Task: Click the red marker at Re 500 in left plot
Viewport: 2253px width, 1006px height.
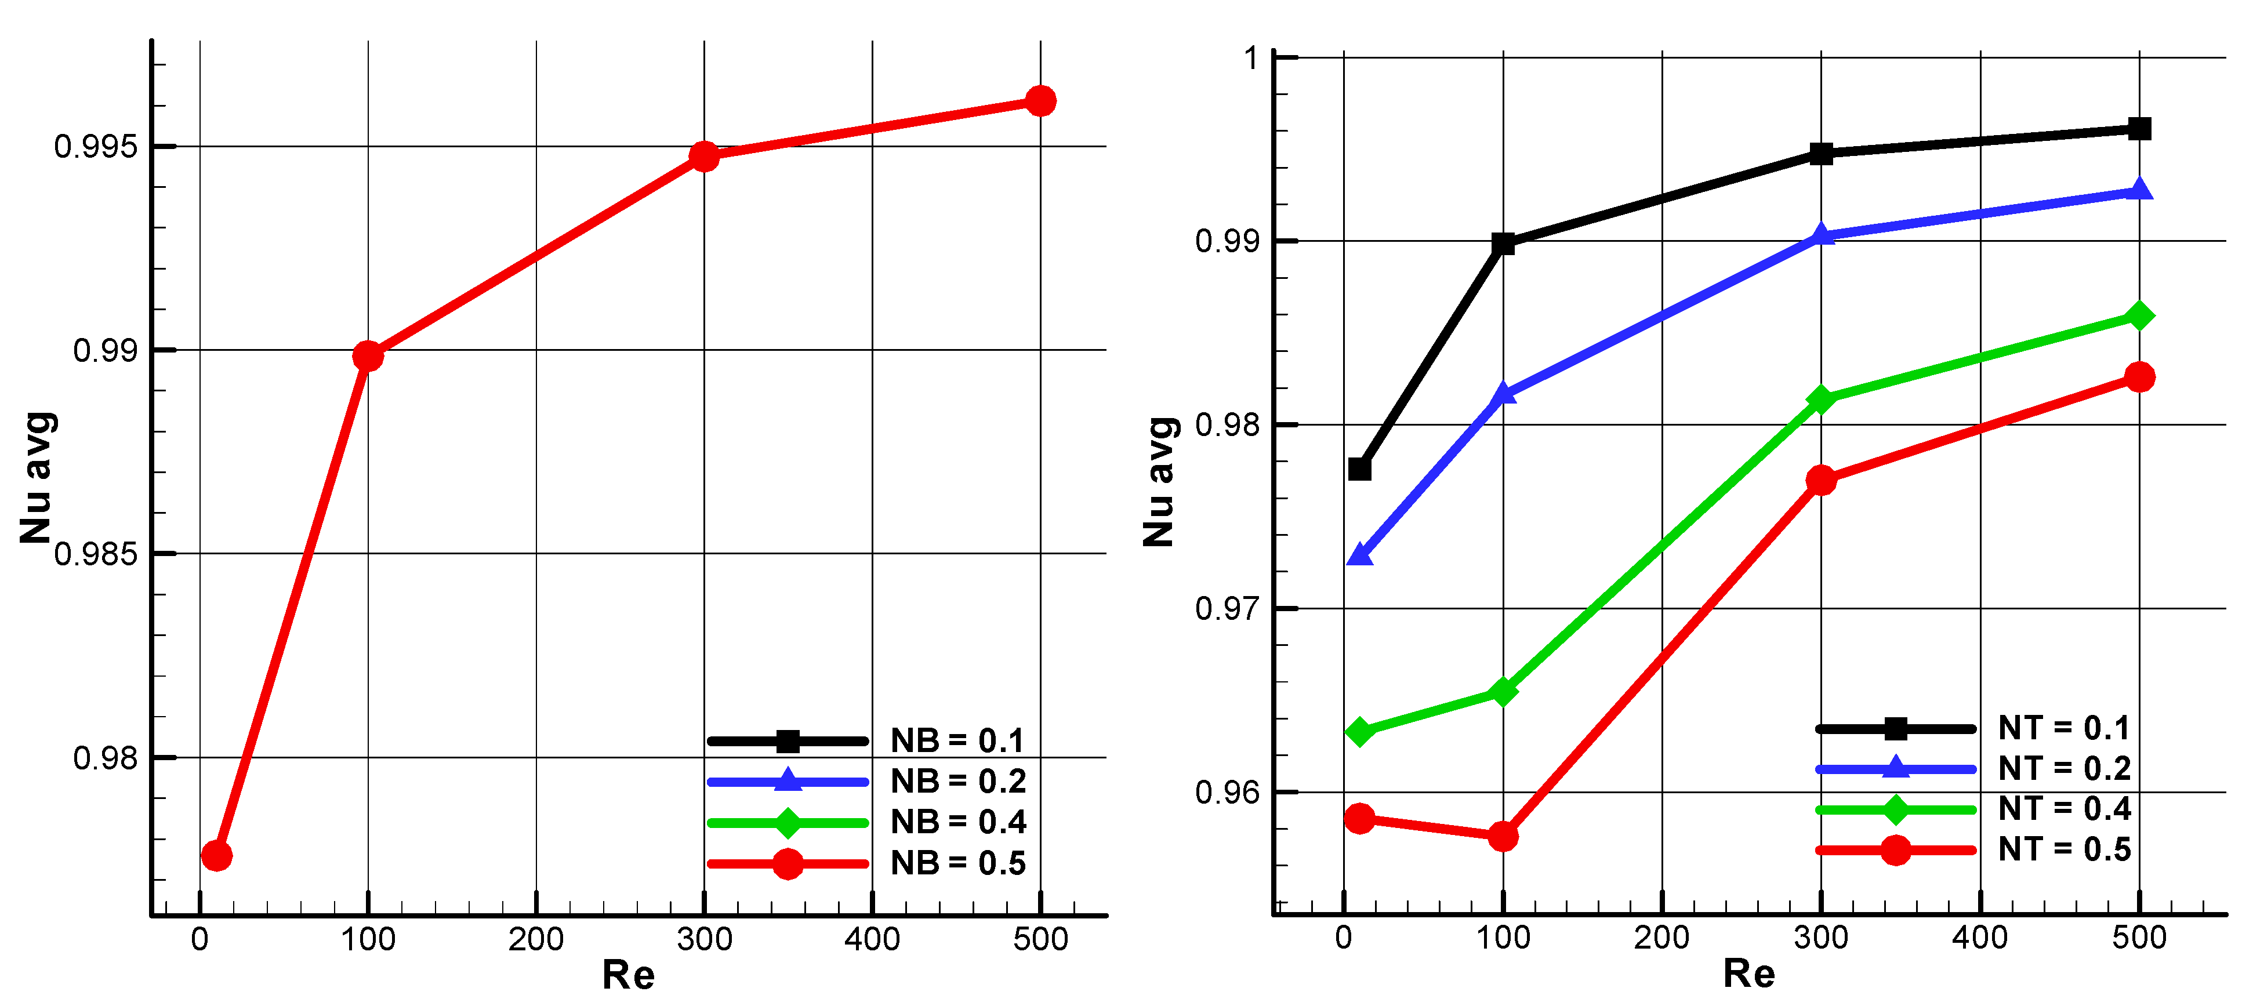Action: pos(1040,101)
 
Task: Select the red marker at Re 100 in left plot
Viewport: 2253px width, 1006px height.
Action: pos(368,356)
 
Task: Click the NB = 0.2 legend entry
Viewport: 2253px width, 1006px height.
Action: pos(957,781)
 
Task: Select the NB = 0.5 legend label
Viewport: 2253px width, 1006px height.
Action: pos(957,863)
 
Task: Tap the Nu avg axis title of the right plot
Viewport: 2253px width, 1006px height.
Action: pos(1160,483)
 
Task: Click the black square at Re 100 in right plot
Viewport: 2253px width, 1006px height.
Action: pos(1503,244)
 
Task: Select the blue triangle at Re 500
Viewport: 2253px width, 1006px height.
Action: pos(2139,190)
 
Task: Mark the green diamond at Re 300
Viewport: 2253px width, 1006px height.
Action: pos(1821,400)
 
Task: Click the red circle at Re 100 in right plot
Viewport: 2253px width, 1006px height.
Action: pos(1503,836)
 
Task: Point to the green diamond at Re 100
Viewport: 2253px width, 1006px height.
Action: pos(1503,692)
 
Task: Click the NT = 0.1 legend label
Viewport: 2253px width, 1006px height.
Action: pos(2064,728)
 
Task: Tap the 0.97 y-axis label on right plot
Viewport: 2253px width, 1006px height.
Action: pos(1227,608)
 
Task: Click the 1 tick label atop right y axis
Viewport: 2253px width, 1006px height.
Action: pos(1251,59)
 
